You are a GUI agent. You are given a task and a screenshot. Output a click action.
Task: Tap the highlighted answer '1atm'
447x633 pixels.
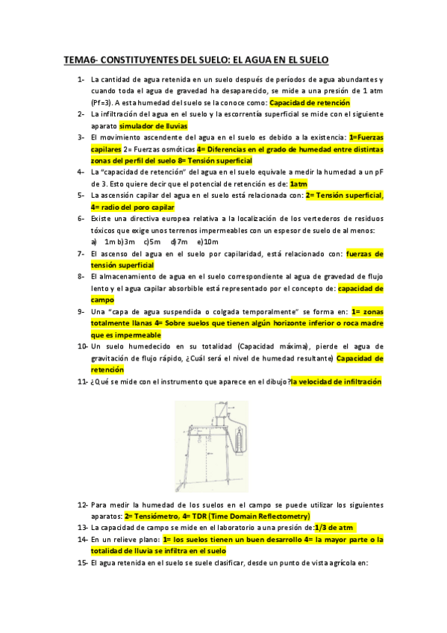(x=298, y=184)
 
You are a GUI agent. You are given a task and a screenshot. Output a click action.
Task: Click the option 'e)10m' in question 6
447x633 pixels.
(x=207, y=242)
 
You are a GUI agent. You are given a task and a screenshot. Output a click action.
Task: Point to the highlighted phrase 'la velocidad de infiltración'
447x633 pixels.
(x=337, y=381)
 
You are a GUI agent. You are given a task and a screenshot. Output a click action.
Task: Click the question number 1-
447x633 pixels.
(x=81, y=79)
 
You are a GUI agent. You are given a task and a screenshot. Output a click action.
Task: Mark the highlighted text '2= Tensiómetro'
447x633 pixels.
(x=152, y=516)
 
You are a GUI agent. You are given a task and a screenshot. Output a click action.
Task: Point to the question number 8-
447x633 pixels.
(x=81, y=276)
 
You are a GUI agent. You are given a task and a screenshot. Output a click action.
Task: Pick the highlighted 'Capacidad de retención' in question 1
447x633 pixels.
(x=310, y=102)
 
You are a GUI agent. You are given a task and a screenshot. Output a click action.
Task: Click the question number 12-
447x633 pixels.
(x=82, y=505)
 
